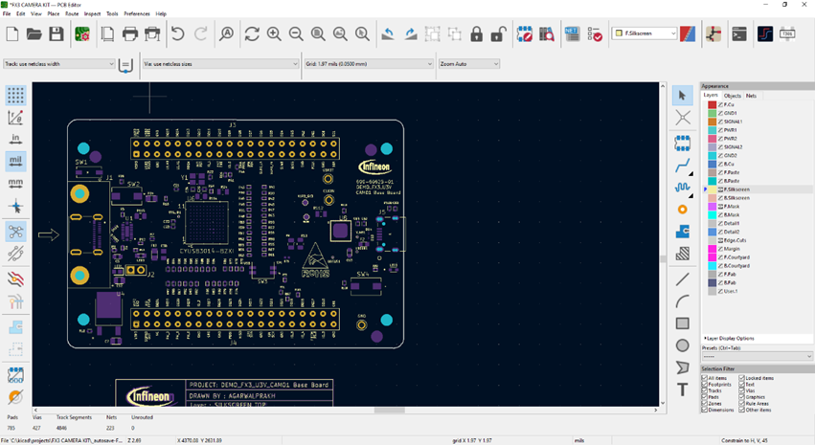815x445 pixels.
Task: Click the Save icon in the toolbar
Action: [57, 34]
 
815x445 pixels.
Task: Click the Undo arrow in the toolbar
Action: [177, 34]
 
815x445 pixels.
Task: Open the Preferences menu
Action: [137, 14]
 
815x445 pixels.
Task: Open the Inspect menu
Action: [92, 14]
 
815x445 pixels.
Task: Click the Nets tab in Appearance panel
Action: [752, 96]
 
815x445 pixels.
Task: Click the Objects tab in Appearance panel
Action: [733, 96]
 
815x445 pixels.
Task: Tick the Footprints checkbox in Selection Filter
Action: [705, 385]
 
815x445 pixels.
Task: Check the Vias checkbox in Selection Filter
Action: [742, 390]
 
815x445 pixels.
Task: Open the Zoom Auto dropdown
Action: [469, 64]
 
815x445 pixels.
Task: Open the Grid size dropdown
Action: [369, 64]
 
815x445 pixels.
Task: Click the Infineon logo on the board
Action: [374, 167]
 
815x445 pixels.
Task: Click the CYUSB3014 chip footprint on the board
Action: [206, 222]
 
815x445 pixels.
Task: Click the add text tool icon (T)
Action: [683, 390]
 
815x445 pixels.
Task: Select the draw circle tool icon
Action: [683, 345]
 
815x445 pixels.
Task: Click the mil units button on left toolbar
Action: [15, 161]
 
